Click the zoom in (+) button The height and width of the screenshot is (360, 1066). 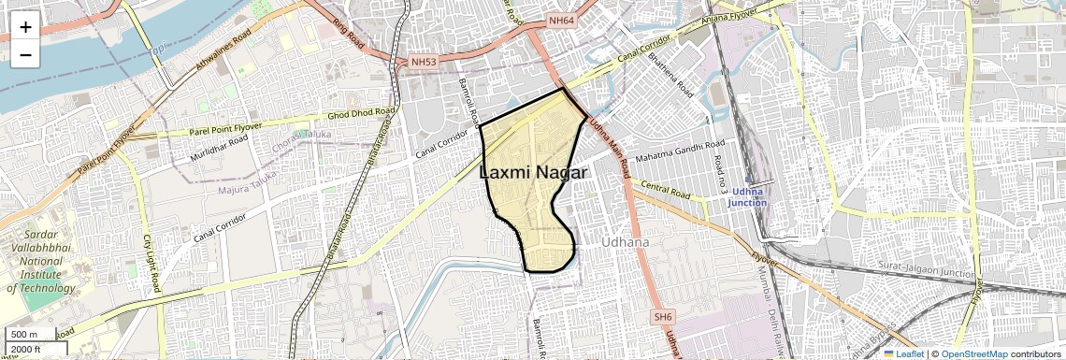point(25,27)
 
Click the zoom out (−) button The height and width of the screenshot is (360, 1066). point(25,55)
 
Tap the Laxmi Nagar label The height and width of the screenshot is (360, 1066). point(533,173)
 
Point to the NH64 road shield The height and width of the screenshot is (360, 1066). point(562,21)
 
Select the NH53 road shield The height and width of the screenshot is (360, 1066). point(424,63)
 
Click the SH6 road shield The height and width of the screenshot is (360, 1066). point(663,317)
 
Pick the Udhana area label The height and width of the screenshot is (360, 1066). point(624,241)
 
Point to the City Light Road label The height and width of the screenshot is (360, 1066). point(152,262)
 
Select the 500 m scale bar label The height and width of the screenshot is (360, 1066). point(23,335)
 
